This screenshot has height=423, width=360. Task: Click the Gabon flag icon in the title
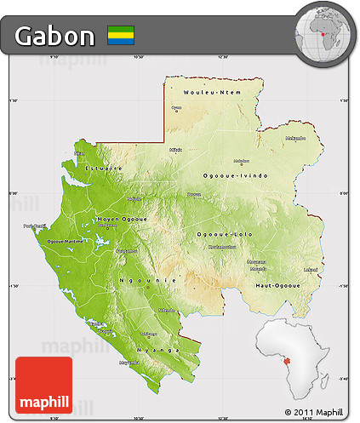[x=121, y=36]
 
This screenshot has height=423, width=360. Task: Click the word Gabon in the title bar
[x=54, y=36]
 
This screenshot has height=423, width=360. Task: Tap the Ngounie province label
[x=136, y=279]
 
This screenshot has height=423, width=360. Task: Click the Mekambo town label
[x=295, y=137]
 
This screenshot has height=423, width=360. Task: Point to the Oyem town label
[x=177, y=107]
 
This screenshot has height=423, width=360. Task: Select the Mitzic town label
[x=176, y=149]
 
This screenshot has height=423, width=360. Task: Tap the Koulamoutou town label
[x=221, y=247]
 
